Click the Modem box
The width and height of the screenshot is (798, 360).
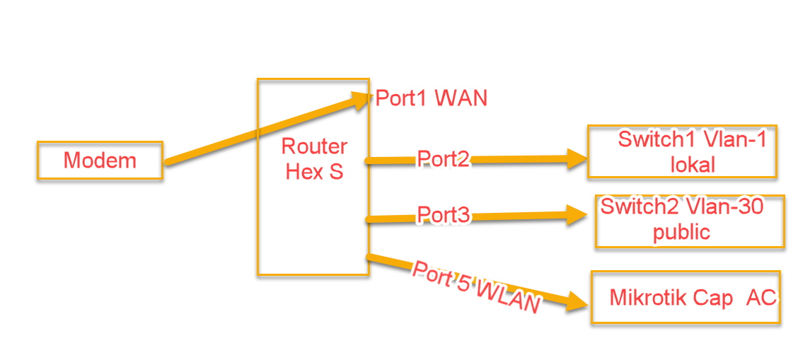point(100,160)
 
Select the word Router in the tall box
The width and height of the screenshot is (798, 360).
point(314,146)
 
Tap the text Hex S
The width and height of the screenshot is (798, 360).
point(314,171)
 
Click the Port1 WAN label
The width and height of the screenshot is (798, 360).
point(432,98)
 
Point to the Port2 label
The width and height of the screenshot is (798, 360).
point(444,159)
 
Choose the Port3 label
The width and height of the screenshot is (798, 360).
point(444,214)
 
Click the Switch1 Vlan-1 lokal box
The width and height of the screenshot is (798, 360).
point(682,151)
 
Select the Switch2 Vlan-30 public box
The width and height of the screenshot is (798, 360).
point(690,221)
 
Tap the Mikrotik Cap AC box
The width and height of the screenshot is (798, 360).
point(686,297)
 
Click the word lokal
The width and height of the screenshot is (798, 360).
point(693,165)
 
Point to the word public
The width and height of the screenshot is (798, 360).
point(681,232)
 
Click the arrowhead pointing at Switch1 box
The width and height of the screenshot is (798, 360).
point(577,159)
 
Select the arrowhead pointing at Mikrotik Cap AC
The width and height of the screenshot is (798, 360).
point(577,301)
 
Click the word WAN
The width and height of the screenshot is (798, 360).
point(461,98)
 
